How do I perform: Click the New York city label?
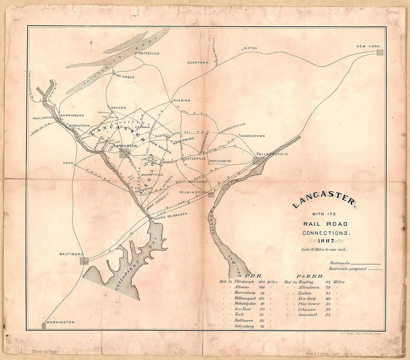point(368,46)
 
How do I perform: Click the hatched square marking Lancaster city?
point(124,153)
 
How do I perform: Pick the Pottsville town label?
point(149,53)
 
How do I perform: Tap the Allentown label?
point(198,63)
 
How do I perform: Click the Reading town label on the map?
point(182,100)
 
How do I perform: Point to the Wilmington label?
point(192,192)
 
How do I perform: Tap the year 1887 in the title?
point(324,241)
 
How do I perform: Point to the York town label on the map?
point(67,163)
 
